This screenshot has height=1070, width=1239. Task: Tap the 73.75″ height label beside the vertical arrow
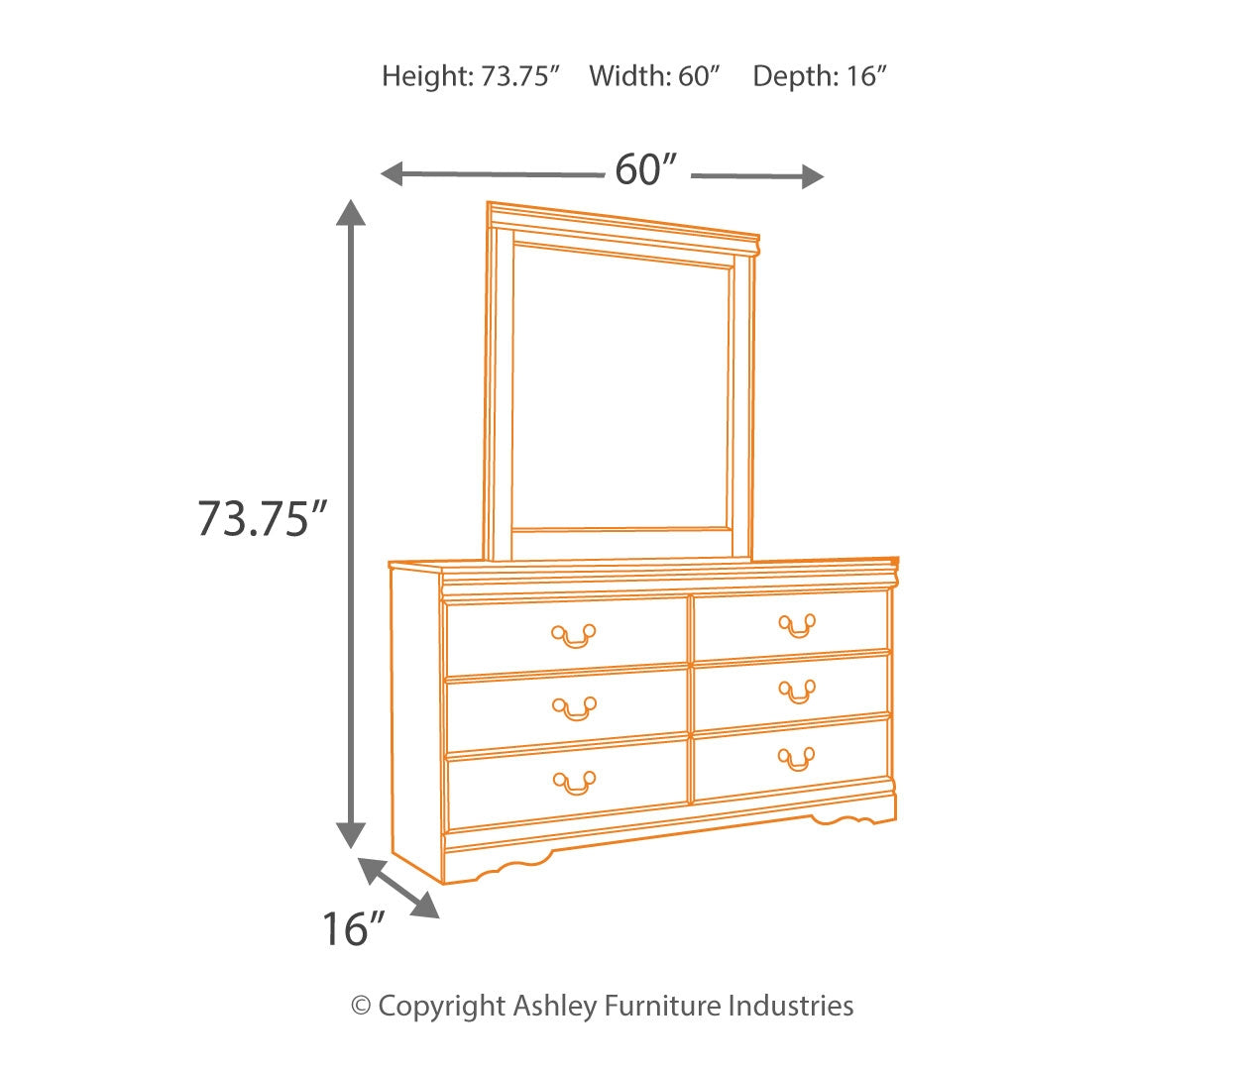point(261,518)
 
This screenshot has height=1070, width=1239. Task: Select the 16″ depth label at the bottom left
point(352,929)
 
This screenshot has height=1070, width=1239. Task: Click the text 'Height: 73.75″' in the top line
point(472,76)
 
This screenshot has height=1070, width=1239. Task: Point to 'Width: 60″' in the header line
point(654,76)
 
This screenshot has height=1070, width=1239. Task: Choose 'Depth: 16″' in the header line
point(819,76)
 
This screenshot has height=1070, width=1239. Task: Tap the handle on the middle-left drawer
point(574,708)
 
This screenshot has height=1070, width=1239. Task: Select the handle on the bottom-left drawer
point(574,782)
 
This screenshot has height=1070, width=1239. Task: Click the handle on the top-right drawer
point(797,625)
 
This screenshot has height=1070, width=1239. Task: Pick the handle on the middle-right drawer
point(797,691)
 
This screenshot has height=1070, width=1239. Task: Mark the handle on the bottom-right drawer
point(797,759)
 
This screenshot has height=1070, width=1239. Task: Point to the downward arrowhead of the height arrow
point(350,834)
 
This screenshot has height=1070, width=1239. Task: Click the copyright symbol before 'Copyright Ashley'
point(362,1007)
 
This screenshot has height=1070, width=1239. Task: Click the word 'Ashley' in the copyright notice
point(555,1007)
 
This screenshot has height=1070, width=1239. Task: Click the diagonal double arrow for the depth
point(398,888)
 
